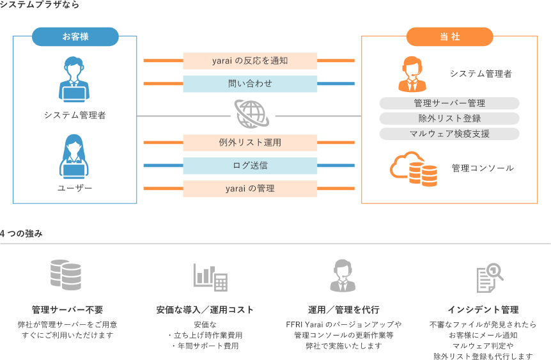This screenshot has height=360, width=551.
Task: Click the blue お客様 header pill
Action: [75, 36]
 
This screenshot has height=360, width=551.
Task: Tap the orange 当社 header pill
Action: [450, 36]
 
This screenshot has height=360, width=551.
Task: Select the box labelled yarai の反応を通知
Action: [250, 61]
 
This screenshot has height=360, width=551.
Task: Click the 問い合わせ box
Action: [250, 84]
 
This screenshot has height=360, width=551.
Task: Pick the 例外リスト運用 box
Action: [250, 143]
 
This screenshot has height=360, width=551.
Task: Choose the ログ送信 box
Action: [250, 166]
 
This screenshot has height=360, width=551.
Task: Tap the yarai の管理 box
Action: [250, 189]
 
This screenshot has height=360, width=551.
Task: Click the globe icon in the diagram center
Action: [252, 114]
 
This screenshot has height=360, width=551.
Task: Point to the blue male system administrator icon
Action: [74, 79]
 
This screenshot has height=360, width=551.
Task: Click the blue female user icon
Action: [74, 157]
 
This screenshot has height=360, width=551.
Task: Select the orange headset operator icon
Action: [412, 74]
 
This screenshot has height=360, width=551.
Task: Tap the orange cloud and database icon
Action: [414, 169]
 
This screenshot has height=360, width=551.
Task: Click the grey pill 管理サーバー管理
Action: [449, 104]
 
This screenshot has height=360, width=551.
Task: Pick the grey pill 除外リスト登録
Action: [449, 118]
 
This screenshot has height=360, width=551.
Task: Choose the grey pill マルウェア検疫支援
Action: [449, 134]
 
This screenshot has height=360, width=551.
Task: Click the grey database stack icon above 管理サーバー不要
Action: [66, 275]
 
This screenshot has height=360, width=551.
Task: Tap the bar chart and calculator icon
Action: [210, 277]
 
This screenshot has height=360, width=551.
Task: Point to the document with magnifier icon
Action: [490, 278]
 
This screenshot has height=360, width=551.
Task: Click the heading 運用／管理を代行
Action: [344, 309]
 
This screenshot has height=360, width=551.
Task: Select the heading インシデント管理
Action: [483, 309]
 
